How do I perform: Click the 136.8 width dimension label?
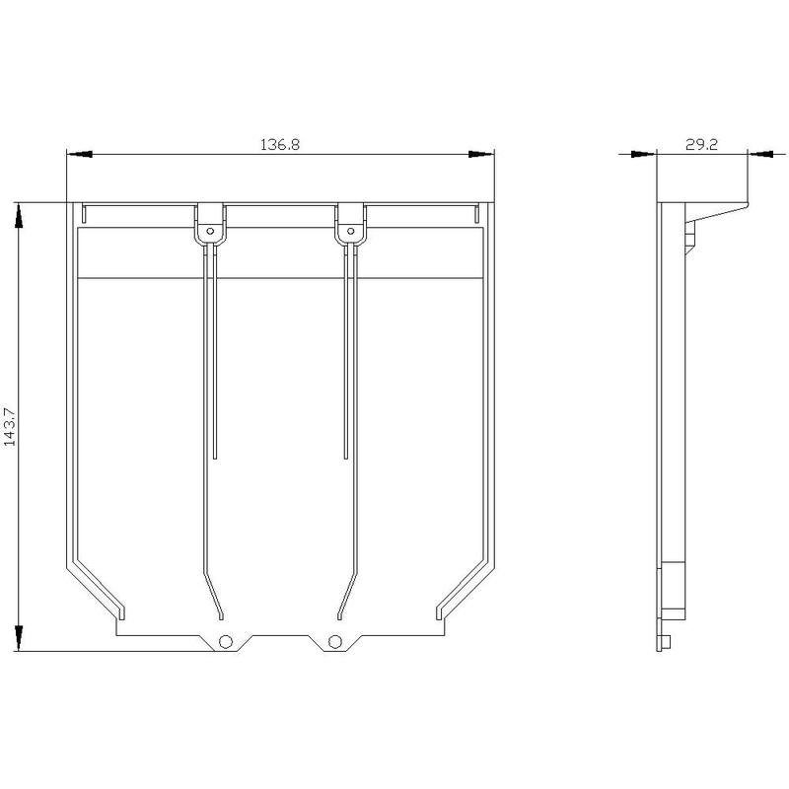coord(280,144)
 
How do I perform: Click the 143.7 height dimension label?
coord(10,427)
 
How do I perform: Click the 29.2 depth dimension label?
coord(701,144)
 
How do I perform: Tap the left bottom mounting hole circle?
coord(226,642)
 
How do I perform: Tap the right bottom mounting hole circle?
coord(334,642)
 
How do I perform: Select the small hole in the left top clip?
coord(210,232)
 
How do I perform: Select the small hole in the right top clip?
coord(351,232)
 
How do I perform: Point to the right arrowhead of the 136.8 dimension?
coord(481,154)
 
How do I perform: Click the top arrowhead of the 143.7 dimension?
coord(19,215)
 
